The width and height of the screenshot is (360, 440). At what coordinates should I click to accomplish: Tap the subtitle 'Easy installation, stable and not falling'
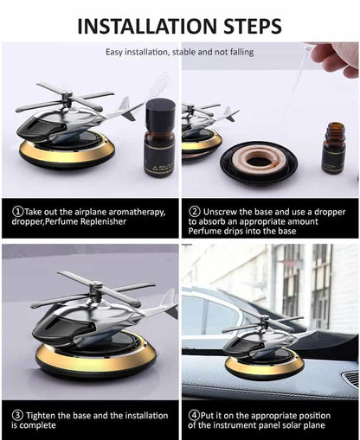180,52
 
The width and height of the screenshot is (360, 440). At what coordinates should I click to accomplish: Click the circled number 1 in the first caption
17,211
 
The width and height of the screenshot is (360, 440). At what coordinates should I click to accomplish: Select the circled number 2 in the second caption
195,211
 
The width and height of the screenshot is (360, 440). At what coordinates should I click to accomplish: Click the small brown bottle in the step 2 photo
333,148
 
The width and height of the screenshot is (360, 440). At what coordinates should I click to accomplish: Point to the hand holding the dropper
337,58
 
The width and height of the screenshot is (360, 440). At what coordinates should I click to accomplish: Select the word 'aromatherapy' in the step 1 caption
129,211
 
